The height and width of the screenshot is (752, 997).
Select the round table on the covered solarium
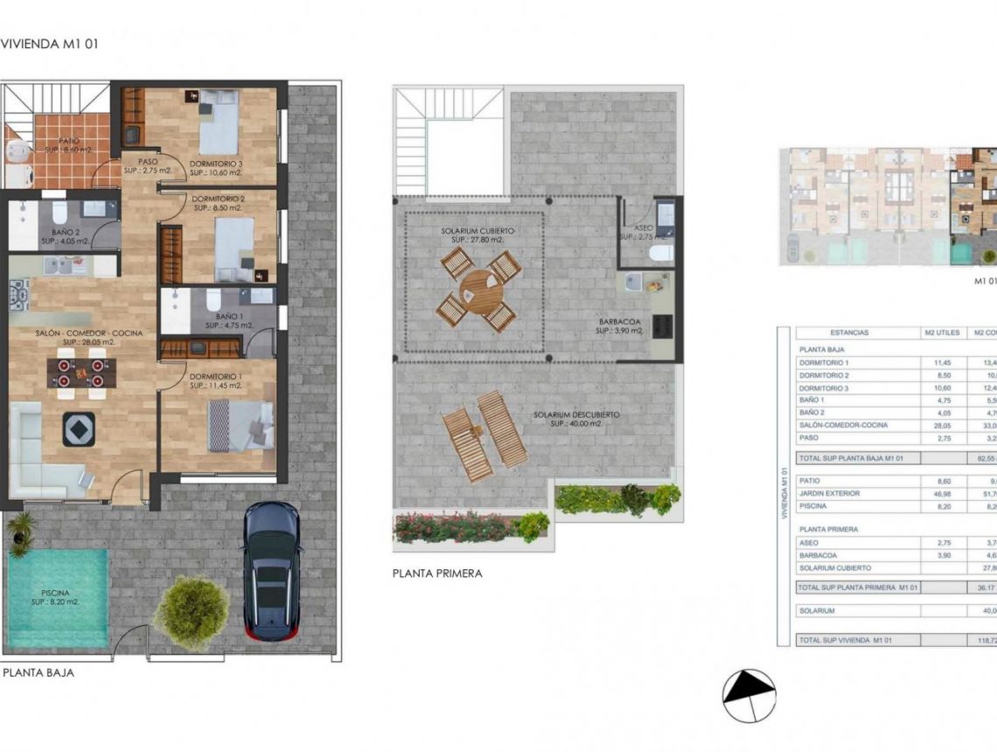tap(479, 289)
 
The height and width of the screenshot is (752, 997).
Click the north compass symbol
tap(749, 695)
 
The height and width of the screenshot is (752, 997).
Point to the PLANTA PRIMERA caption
tap(437, 574)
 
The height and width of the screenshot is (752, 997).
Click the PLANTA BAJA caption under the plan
tap(38, 672)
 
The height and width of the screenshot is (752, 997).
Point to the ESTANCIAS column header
tap(849, 333)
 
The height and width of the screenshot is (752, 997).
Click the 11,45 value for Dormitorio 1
tap(936, 362)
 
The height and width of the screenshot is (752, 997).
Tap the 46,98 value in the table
tap(936, 494)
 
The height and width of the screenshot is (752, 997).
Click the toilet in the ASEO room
tap(661, 252)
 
